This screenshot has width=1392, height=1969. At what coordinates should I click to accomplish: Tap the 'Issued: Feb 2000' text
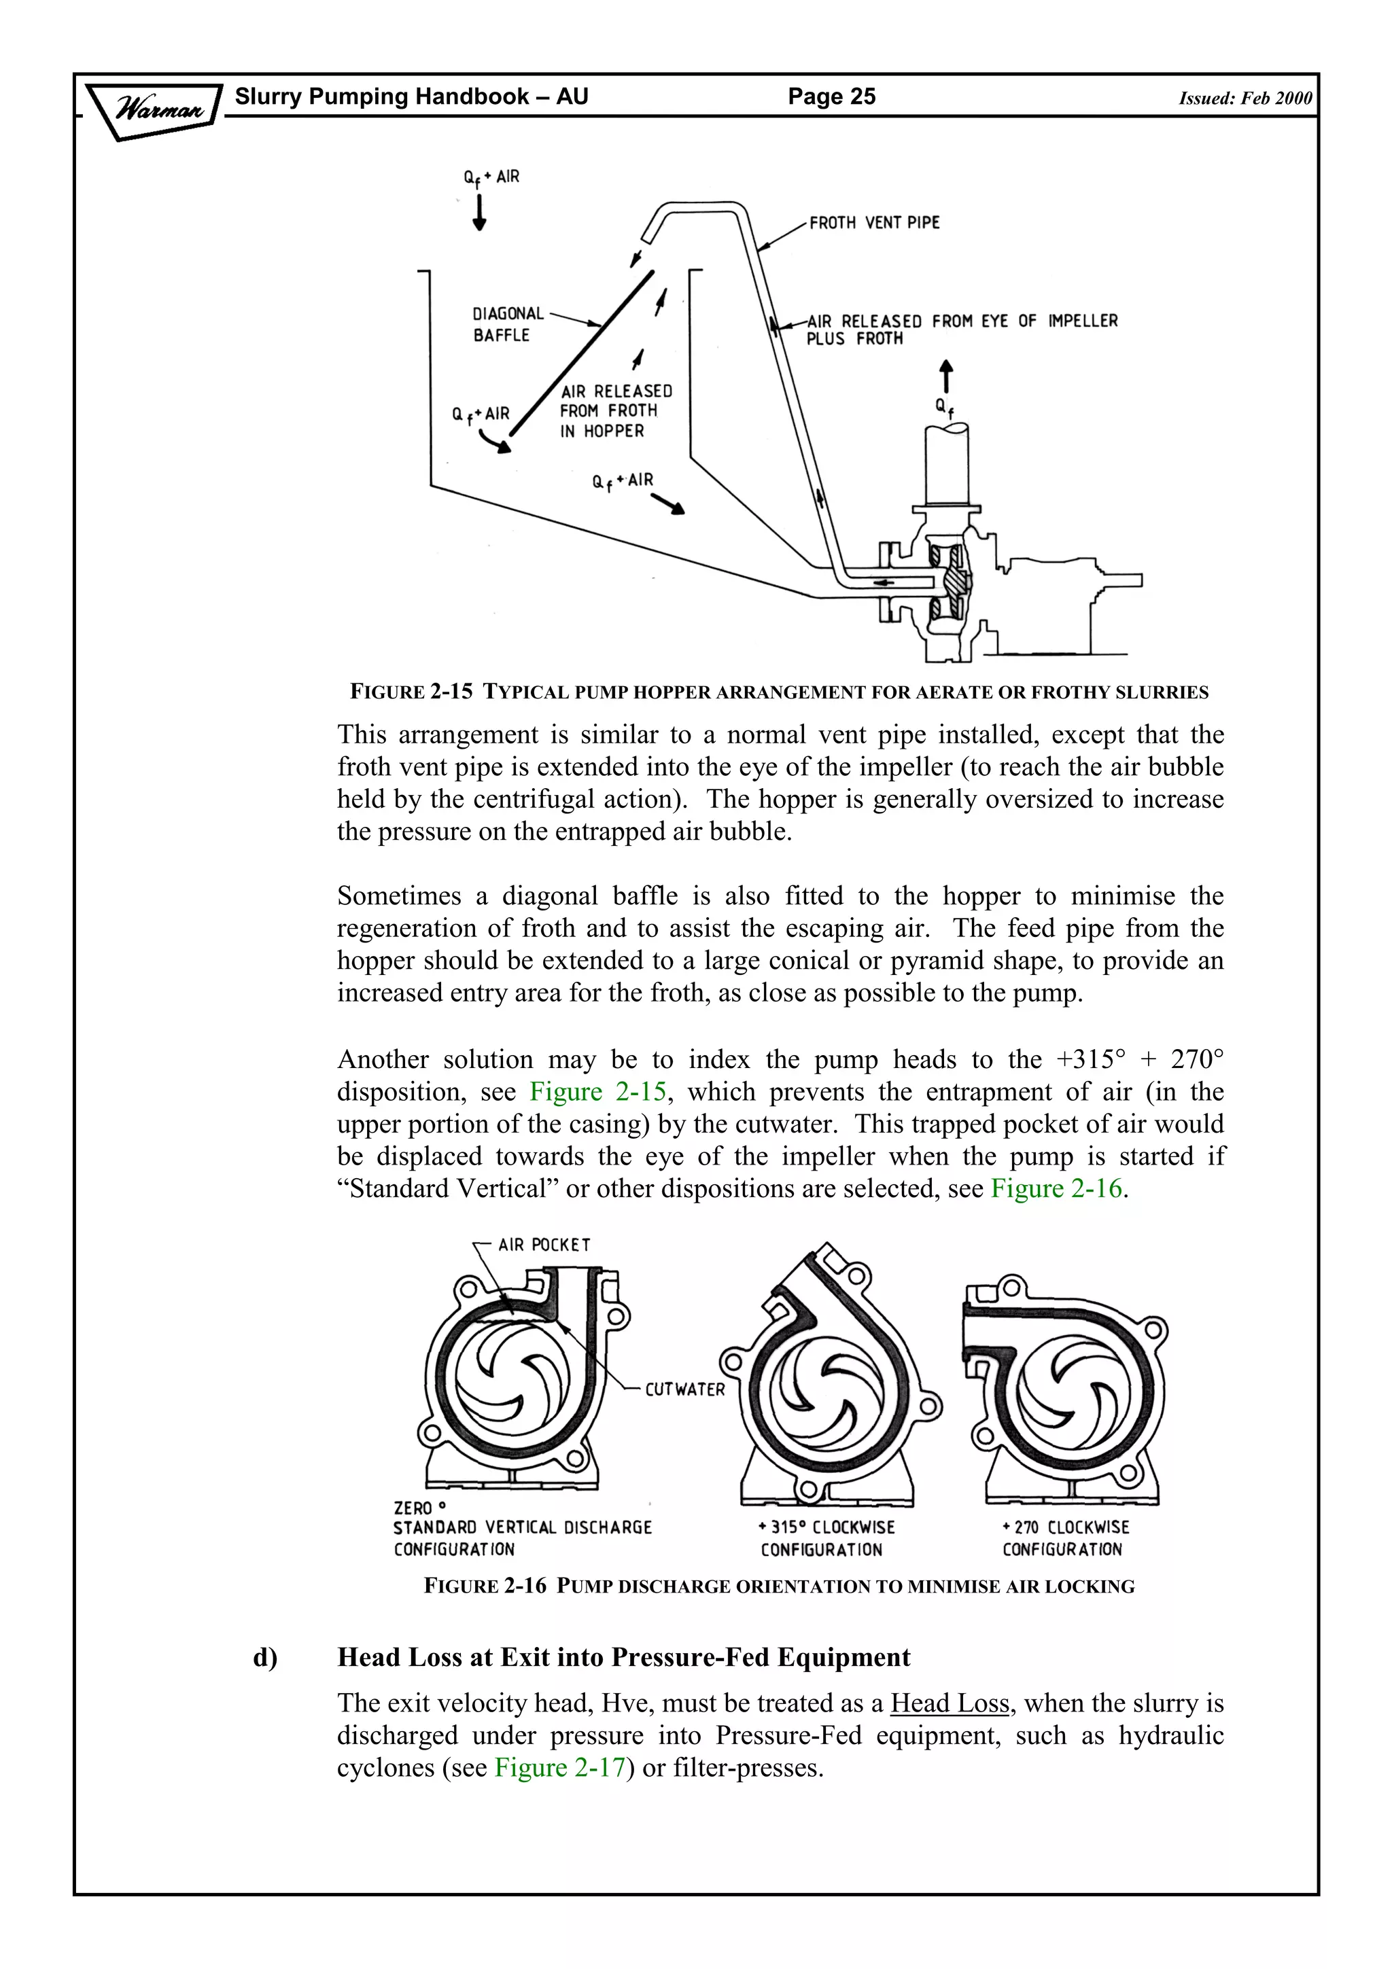(x=1245, y=98)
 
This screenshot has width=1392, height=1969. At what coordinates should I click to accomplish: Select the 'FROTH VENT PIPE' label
(x=874, y=223)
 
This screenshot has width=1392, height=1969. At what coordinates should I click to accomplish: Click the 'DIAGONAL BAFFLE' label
(x=508, y=324)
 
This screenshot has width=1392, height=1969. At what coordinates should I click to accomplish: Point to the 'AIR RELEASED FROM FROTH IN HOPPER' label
(x=615, y=411)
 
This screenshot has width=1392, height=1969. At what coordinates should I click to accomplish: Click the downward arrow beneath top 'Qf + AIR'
(x=479, y=213)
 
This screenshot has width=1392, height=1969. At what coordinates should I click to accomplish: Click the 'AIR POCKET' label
(x=544, y=1244)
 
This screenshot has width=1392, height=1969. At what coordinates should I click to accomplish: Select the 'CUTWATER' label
(x=684, y=1389)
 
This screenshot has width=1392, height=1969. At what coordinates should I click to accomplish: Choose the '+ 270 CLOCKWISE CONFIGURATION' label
(x=1065, y=1538)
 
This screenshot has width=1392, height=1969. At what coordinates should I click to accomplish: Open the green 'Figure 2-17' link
(x=560, y=1767)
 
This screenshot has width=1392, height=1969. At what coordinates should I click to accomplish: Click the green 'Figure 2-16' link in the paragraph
(x=1056, y=1188)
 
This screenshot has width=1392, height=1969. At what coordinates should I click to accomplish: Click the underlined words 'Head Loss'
(x=950, y=1702)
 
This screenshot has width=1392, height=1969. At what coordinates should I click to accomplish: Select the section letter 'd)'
(x=265, y=1658)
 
